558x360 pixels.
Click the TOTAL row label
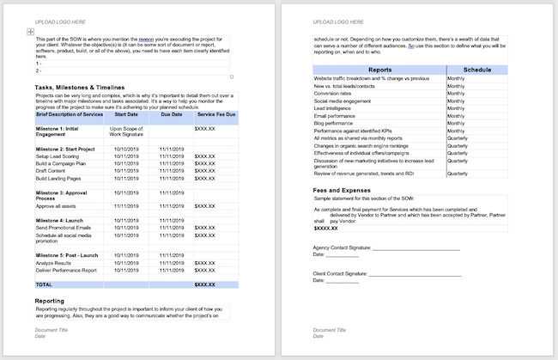(44, 284)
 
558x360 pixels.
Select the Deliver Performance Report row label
(70, 270)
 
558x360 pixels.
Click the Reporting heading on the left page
(55, 301)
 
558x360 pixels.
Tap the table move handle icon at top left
(31, 32)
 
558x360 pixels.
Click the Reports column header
(379, 70)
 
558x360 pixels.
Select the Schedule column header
(477, 70)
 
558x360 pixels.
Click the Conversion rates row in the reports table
(337, 95)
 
